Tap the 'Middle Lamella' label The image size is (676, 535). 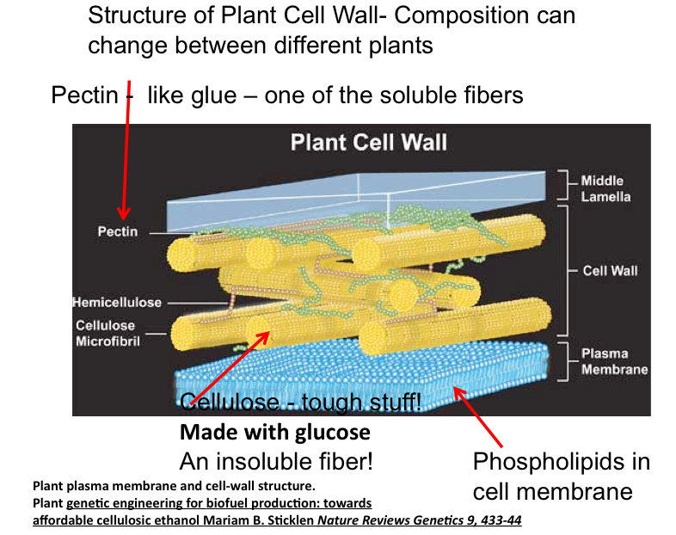pos(605,188)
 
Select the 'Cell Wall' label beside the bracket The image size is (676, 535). pos(610,270)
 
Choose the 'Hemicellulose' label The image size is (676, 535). pos(117,303)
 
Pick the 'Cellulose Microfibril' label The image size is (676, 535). pos(107,333)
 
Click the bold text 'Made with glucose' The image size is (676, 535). pos(274,432)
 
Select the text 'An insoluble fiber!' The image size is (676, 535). pos(276,461)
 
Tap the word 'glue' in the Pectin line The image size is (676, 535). pos(214,95)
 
